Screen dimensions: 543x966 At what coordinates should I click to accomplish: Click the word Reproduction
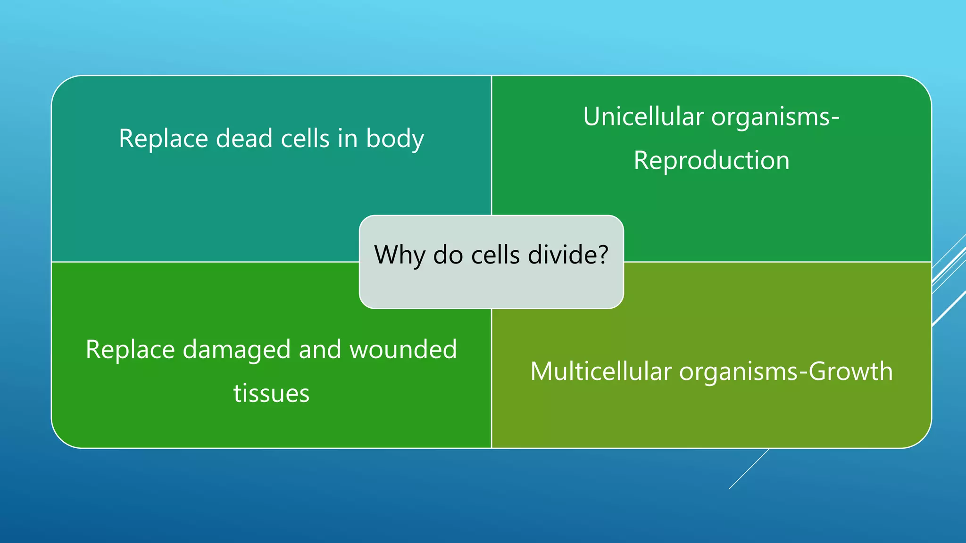pyautogui.click(x=711, y=160)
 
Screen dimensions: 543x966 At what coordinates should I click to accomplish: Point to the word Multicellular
pyautogui.click(x=600, y=371)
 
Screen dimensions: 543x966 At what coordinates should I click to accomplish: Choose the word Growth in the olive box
pyautogui.click(x=850, y=371)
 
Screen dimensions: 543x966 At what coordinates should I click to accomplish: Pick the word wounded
pyautogui.click(x=403, y=350)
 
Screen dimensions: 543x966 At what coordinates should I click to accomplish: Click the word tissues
pyautogui.click(x=271, y=394)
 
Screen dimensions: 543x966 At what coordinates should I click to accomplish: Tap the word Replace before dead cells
pyautogui.click(x=163, y=140)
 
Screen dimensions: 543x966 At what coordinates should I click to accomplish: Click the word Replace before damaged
pyautogui.click(x=130, y=350)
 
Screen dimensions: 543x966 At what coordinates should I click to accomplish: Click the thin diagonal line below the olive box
pyautogui.click(x=749, y=469)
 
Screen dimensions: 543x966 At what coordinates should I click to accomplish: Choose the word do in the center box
pyautogui.click(x=448, y=255)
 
